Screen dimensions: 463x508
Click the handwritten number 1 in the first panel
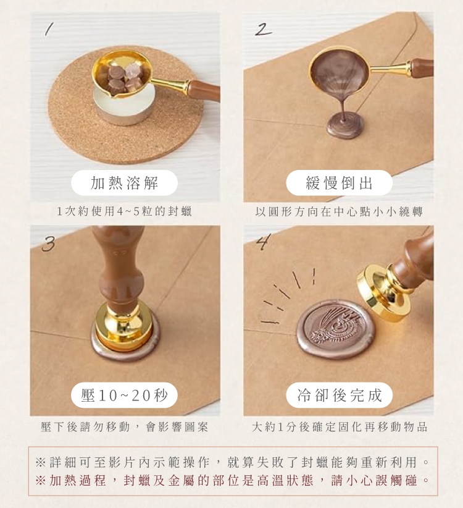tap(48, 30)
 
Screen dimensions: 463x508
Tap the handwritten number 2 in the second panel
tap(263, 30)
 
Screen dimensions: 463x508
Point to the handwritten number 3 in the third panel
tap(48, 243)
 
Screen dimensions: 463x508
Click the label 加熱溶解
tap(124, 183)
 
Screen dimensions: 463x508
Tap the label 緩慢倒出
tap(339, 183)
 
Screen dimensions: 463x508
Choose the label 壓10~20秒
tap(124, 396)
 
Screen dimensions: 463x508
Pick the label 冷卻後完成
tap(340, 396)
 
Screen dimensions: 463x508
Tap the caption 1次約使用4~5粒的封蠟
tap(124, 211)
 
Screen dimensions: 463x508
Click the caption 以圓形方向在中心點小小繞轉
tap(339, 211)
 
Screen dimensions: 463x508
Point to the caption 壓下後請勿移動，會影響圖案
tap(124, 427)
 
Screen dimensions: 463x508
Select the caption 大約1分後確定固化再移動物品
tap(340, 427)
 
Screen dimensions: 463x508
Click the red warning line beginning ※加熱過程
tap(232, 480)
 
